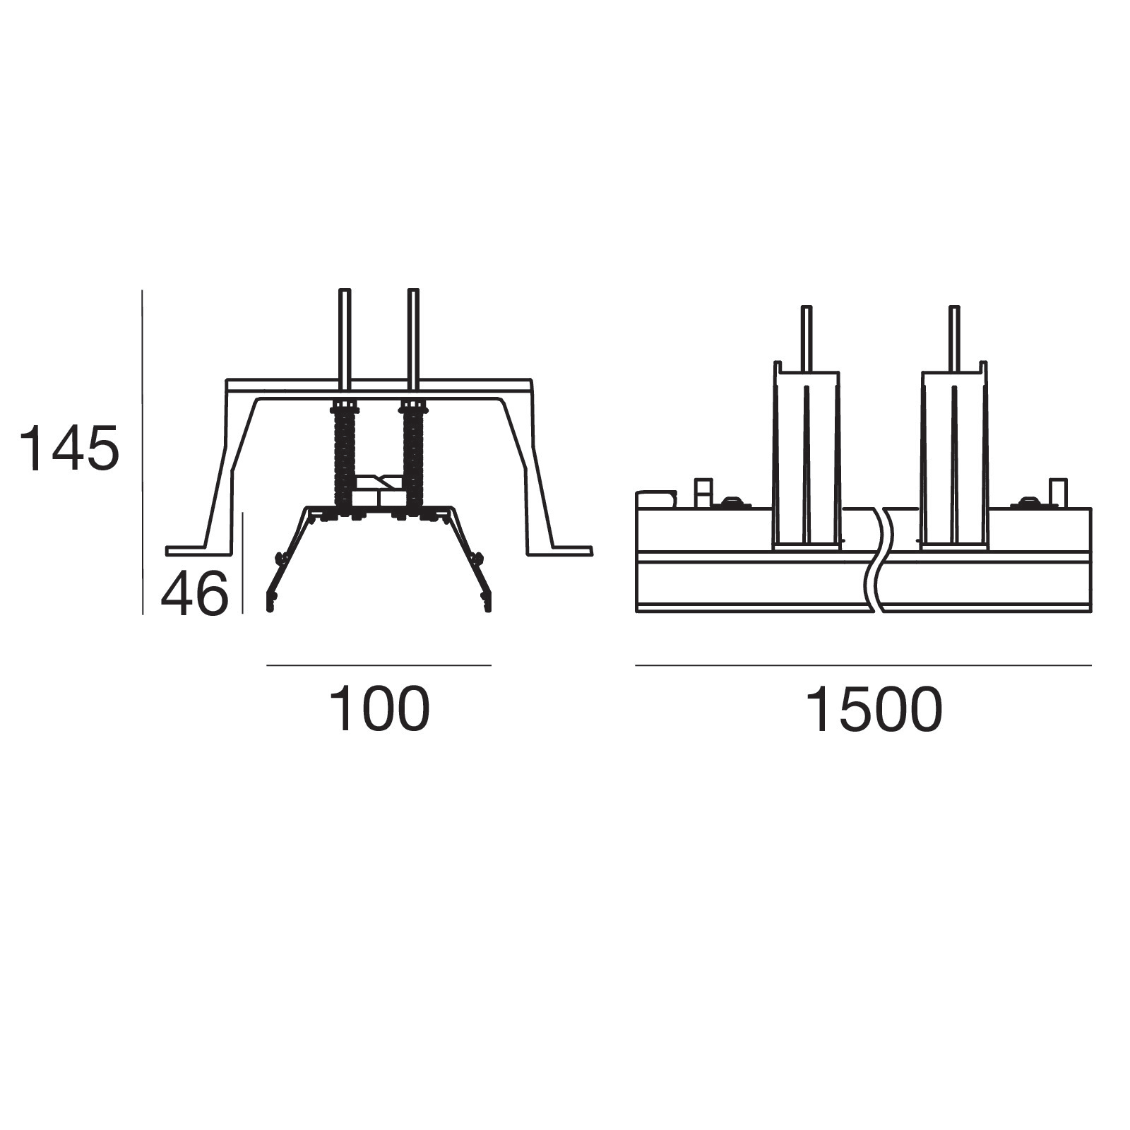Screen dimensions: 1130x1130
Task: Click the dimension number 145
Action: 69,448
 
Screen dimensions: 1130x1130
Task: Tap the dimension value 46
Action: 195,594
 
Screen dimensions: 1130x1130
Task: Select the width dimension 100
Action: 379,709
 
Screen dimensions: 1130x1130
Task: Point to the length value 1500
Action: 874,709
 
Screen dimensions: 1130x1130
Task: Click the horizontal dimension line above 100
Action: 379,665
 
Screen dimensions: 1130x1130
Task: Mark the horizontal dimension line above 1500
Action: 863,665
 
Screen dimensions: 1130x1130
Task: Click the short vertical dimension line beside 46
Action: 243,563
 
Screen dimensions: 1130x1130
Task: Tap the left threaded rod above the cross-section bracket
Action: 345,339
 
